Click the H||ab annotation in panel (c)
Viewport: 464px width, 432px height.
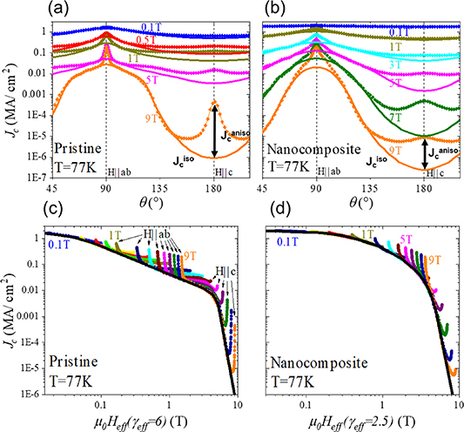[x=157, y=233]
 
